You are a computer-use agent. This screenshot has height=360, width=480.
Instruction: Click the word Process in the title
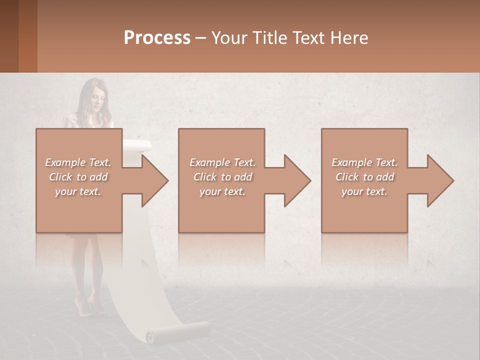click(157, 37)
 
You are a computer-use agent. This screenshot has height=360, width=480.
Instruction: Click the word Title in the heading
click(268, 37)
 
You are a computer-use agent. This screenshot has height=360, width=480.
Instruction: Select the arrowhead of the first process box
click(154, 180)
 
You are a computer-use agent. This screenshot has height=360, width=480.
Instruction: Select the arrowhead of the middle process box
click(297, 180)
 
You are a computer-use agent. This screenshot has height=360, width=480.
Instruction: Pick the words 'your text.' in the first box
click(78, 191)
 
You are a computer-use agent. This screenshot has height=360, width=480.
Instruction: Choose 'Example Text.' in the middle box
click(222, 162)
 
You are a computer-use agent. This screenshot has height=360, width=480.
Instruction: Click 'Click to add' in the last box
click(365, 177)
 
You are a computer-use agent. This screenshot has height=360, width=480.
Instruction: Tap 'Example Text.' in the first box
click(78, 162)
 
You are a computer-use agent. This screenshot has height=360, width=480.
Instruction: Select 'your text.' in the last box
click(364, 191)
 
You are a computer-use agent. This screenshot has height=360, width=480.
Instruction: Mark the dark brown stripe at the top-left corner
click(9, 36)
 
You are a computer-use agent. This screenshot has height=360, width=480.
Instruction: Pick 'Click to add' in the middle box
click(222, 177)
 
